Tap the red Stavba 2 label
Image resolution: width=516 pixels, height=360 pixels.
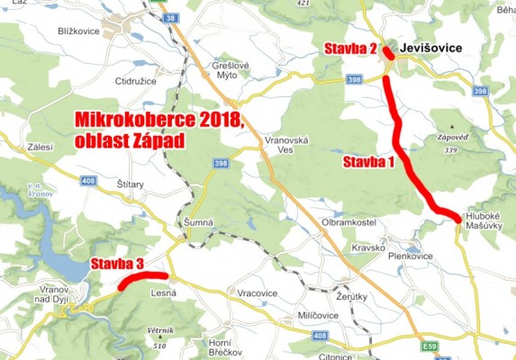pos(350,49)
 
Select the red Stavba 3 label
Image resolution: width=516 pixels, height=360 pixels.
pos(115,264)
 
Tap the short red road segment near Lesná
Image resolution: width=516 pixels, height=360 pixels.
pos(142,278)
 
